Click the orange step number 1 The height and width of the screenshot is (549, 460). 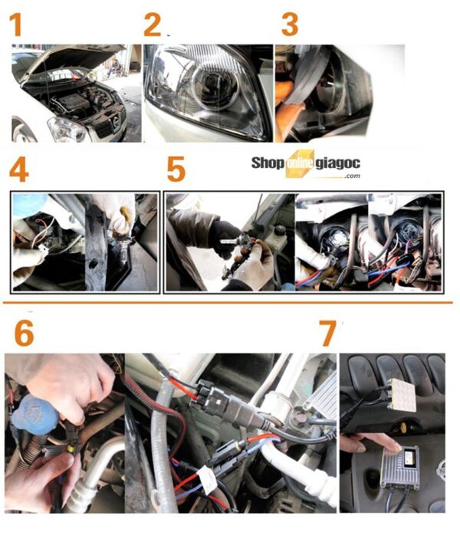click(x=16, y=25)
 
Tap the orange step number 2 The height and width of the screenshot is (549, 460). click(x=153, y=25)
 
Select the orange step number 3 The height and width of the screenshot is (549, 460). click(x=290, y=25)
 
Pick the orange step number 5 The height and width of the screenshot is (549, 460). click(x=176, y=170)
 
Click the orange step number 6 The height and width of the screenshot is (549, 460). click(x=25, y=334)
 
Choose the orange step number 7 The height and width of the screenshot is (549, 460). click(x=328, y=334)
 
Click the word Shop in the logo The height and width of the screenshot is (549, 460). click(x=267, y=163)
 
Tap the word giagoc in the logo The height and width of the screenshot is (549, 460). click(x=337, y=164)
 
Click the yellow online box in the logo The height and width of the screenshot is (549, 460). click(x=299, y=164)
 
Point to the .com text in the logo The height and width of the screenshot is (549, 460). click(x=352, y=176)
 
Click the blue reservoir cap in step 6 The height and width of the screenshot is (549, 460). click(x=35, y=416)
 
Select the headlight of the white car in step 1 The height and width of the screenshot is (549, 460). click(x=67, y=130)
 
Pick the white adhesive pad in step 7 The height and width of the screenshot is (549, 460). click(x=403, y=395)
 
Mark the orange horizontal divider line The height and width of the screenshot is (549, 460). click(x=228, y=302)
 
